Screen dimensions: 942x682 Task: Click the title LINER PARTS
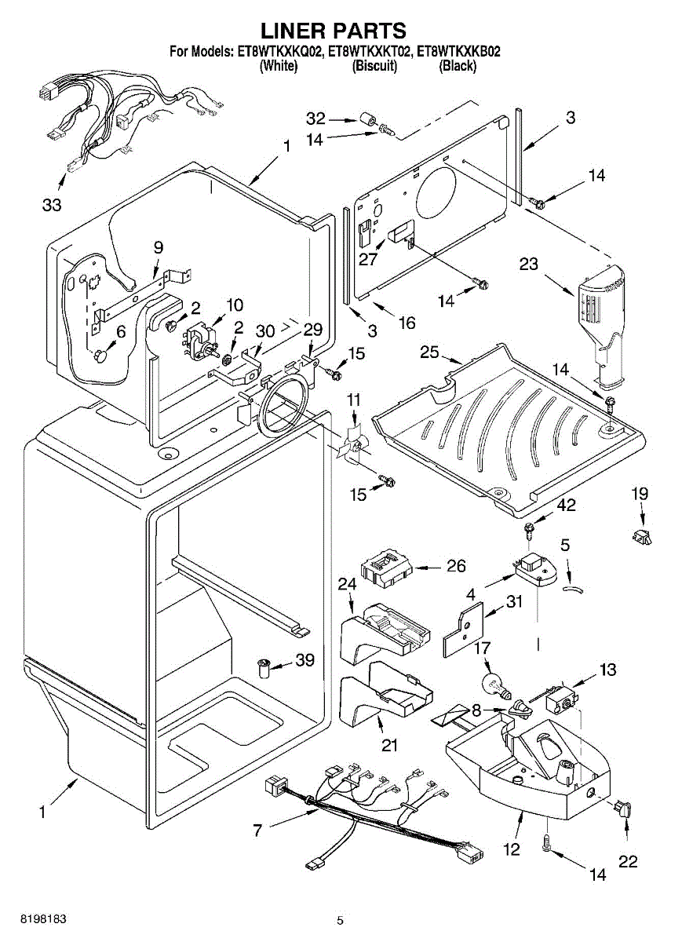tap(334, 31)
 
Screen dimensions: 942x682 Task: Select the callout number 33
tap(52, 206)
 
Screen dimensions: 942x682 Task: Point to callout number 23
tap(528, 264)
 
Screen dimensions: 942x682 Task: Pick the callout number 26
tap(455, 566)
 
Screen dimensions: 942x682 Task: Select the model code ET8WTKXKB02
tap(458, 53)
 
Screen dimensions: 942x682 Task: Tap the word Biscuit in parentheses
tap(375, 67)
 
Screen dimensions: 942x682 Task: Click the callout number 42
tap(565, 506)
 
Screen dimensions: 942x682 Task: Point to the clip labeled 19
tap(642, 537)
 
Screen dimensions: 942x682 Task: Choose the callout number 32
tap(315, 119)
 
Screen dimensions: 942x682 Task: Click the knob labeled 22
tap(625, 809)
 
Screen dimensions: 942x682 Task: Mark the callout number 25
tap(429, 352)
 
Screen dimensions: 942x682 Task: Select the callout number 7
tap(258, 830)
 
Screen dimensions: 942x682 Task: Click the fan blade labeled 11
tap(348, 446)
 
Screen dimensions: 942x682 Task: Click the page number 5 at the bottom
tap(340, 920)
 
